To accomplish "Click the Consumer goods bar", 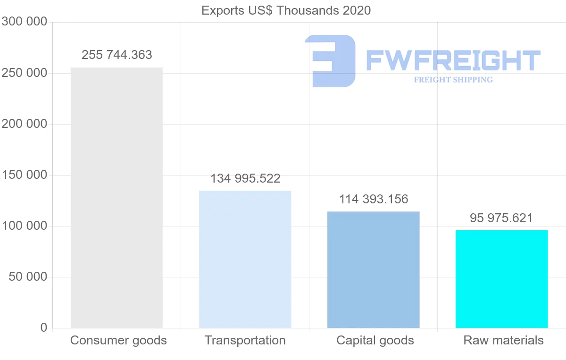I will [x=117, y=198].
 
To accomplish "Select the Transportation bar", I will [x=245, y=259].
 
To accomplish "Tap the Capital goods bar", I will [x=373, y=269].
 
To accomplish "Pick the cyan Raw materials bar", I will [x=501, y=279].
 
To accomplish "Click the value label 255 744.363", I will [x=117, y=55].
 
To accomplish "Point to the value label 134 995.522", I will [x=245, y=179].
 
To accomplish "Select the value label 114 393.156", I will [x=374, y=199].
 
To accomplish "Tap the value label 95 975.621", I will [x=501, y=218].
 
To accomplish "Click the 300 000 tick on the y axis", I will [x=24, y=22].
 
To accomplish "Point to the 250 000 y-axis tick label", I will [x=24, y=73].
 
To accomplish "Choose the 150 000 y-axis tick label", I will [x=24, y=175].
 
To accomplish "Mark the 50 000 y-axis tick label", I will [x=28, y=277].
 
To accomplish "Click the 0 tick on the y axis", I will [x=44, y=327].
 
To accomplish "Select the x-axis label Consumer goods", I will [x=118, y=340].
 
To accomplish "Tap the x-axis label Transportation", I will [x=245, y=340].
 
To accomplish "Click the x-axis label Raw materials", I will [x=503, y=340].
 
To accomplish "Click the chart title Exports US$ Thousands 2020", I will [x=286, y=10].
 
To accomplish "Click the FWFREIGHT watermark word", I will [x=453, y=61].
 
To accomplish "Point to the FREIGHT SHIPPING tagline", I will [x=453, y=80].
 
